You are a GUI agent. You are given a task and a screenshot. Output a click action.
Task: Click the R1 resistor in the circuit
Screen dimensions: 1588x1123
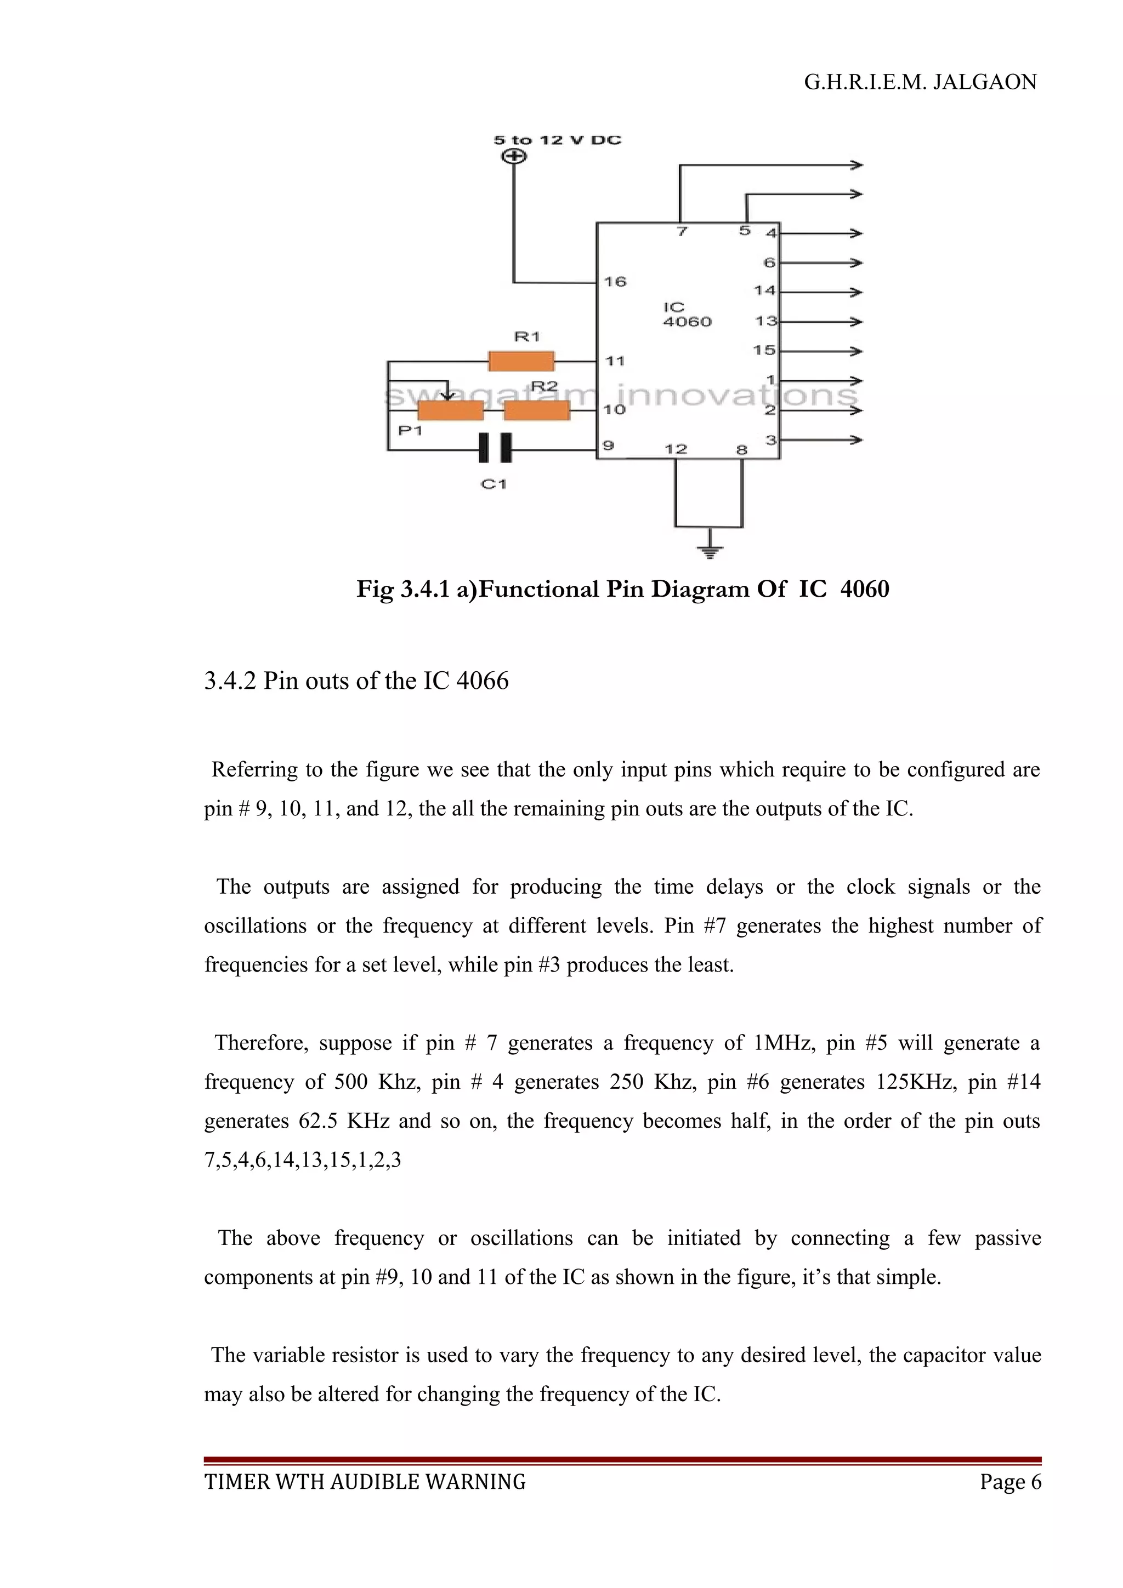pyautogui.click(x=521, y=361)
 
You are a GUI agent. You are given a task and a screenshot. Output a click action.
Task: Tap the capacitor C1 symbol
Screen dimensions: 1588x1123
pyautogui.click(x=495, y=448)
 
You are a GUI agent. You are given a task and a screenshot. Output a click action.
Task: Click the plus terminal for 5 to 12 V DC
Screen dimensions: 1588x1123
pyautogui.click(x=513, y=157)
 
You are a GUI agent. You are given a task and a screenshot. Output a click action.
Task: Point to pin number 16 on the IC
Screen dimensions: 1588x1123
pyautogui.click(x=615, y=282)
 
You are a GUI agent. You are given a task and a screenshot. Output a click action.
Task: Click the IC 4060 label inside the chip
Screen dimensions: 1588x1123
pyautogui.click(x=687, y=314)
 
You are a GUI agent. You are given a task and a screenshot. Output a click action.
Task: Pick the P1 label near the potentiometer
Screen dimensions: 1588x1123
pyautogui.click(x=410, y=430)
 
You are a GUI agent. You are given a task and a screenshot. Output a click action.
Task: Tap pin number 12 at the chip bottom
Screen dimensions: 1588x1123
pyautogui.click(x=676, y=449)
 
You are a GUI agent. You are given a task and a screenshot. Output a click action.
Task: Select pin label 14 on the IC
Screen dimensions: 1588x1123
pyautogui.click(x=764, y=290)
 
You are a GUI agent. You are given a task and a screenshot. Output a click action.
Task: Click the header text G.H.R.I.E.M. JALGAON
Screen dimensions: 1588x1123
pyautogui.click(x=920, y=82)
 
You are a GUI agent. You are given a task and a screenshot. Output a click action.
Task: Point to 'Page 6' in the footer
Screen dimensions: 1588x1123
pyautogui.click(x=1009, y=1482)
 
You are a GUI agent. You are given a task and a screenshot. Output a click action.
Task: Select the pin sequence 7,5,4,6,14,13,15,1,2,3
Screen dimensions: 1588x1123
pyautogui.click(x=302, y=1160)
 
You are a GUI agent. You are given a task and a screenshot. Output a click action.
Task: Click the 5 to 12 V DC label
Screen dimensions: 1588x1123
pyautogui.click(x=557, y=140)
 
